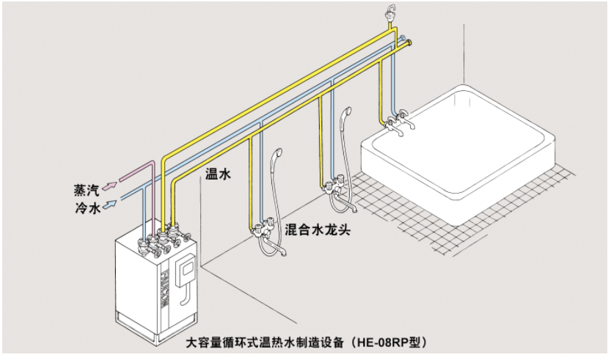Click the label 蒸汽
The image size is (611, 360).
(87, 190)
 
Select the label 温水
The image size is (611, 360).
(219, 174)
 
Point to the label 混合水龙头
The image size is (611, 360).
(318, 230)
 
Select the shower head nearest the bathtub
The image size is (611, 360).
(345, 116)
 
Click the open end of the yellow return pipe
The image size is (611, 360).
(409, 42)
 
